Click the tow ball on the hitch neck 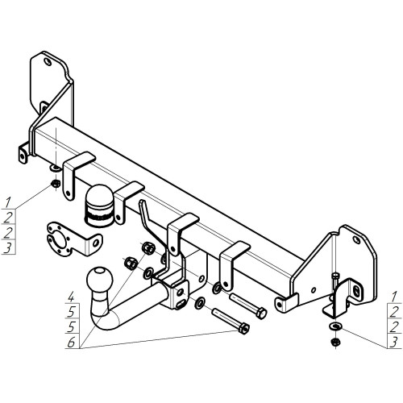(x=99, y=280)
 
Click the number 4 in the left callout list (x=71, y=297)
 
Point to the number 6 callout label (x=71, y=343)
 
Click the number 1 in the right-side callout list (x=394, y=297)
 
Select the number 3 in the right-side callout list (x=393, y=343)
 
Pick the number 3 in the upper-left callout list (x=7, y=248)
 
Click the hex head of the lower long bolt (x=244, y=328)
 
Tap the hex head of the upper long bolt (x=261, y=314)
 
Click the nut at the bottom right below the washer (x=334, y=342)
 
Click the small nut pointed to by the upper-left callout (x=55, y=184)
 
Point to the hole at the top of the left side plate (x=48, y=62)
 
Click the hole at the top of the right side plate (x=357, y=240)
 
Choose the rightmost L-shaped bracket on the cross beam (x=231, y=264)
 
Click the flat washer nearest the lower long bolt (x=199, y=303)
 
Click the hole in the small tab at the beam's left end (x=23, y=156)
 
